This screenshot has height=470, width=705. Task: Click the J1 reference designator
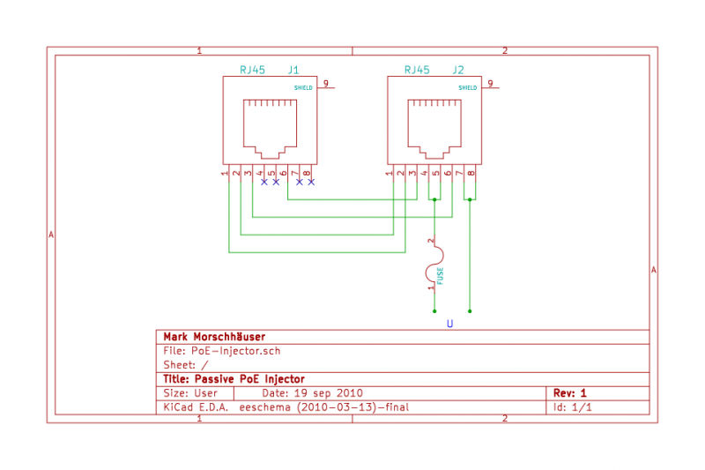click(293, 70)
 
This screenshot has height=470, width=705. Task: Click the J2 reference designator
click(458, 70)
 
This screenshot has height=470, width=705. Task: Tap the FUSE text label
click(441, 275)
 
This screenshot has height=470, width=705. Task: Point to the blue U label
click(449, 325)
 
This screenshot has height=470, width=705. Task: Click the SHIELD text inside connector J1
click(303, 88)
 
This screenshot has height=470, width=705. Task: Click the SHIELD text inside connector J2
click(468, 88)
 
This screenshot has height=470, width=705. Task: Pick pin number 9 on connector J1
click(325, 84)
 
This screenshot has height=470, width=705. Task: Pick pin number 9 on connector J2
click(490, 84)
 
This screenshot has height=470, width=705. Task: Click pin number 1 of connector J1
click(226, 173)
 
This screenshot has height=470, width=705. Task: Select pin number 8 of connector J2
click(472, 173)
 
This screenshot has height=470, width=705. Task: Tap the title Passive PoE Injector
click(234, 378)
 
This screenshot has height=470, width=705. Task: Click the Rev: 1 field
click(569, 392)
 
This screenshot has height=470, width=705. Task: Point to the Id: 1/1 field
click(573, 407)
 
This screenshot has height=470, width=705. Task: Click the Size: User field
click(190, 392)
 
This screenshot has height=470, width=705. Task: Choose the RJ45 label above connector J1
click(254, 70)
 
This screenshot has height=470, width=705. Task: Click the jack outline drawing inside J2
click(434, 124)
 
